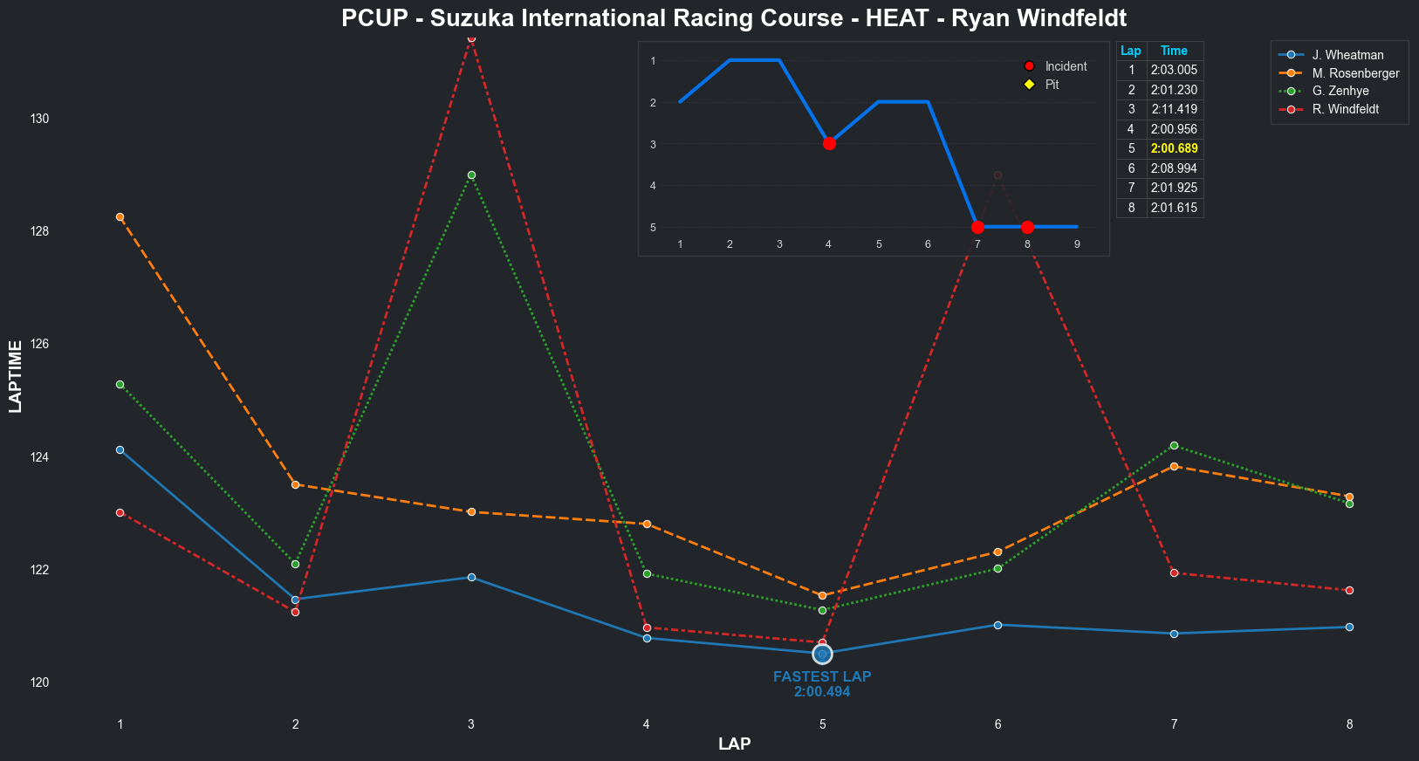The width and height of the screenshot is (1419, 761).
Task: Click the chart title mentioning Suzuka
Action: pyautogui.click(x=734, y=18)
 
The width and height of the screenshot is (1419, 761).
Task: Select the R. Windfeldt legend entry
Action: pyautogui.click(x=1345, y=109)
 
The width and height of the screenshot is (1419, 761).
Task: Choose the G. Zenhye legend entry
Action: pyautogui.click(x=1340, y=91)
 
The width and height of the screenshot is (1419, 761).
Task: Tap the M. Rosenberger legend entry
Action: pyautogui.click(x=1355, y=73)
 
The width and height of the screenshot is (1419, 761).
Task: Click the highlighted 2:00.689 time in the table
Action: pyautogui.click(x=1174, y=148)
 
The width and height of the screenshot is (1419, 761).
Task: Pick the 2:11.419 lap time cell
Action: pyautogui.click(x=1174, y=109)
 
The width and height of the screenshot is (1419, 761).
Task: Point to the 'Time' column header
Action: pyautogui.click(x=1174, y=51)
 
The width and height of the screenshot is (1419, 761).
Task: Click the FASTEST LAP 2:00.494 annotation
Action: pyautogui.click(x=822, y=684)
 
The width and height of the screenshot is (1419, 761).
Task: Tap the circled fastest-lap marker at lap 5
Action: pyautogui.click(x=822, y=654)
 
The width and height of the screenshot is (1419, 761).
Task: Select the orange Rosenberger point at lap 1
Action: pyautogui.click(x=120, y=216)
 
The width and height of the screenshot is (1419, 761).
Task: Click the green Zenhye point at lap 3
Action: pyautogui.click(x=471, y=175)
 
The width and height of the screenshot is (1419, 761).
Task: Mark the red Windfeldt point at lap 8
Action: pyautogui.click(x=1349, y=590)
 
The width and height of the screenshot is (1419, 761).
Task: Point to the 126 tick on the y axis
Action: pyautogui.click(x=39, y=344)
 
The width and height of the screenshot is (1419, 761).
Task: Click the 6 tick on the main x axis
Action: pyautogui.click(x=997, y=723)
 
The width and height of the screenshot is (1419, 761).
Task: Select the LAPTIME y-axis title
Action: pyautogui.click(x=15, y=376)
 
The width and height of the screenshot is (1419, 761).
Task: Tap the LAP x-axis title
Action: pyautogui.click(x=734, y=744)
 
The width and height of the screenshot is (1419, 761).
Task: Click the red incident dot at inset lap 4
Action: pyautogui.click(x=829, y=143)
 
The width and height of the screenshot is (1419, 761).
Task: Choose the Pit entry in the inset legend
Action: pyautogui.click(x=1052, y=85)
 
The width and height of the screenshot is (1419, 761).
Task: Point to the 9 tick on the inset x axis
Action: pyautogui.click(x=1077, y=244)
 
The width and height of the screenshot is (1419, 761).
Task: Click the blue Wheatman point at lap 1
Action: pyautogui.click(x=120, y=449)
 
